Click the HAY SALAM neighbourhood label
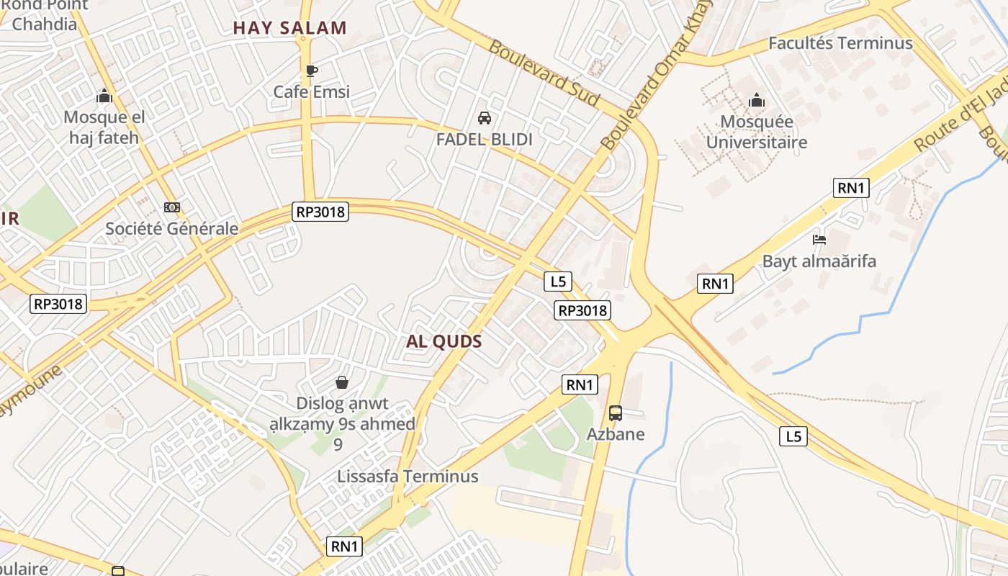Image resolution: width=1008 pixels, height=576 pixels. (x=289, y=29)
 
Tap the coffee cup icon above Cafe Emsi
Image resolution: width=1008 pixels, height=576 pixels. (x=311, y=71)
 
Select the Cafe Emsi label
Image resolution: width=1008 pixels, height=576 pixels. (x=311, y=91)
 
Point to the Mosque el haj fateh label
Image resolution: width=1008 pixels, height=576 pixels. (x=104, y=127)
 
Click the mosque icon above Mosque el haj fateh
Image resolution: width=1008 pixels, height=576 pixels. (x=104, y=96)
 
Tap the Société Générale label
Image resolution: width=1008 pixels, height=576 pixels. (x=171, y=229)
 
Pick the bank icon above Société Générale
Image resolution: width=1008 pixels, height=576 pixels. (x=171, y=207)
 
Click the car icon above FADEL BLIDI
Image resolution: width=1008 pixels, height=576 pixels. (x=485, y=118)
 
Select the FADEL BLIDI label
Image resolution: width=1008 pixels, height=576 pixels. (x=485, y=140)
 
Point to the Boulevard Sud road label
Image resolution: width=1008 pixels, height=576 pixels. (x=544, y=73)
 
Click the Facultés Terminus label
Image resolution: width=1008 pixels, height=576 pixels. (x=840, y=43)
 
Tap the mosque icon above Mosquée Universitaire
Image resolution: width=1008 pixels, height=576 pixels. (x=757, y=100)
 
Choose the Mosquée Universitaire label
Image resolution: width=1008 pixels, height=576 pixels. (x=757, y=132)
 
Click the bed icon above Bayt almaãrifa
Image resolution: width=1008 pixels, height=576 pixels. (x=819, y=240)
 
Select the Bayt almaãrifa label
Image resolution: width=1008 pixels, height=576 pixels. (x=819, y=261)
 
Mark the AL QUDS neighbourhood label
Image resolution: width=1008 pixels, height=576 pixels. (x=444, y=342)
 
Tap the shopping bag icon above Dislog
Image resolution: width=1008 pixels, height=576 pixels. (x=342, y=382)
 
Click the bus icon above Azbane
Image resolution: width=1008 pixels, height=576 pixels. (x=616, y=413)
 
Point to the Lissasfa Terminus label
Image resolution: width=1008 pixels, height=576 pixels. (x=408, y=477)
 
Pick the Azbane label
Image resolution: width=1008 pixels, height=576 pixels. (x=616, y=434)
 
